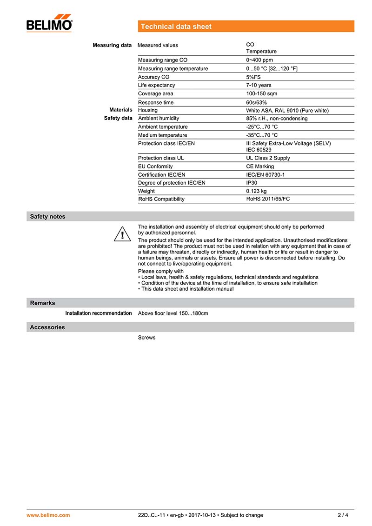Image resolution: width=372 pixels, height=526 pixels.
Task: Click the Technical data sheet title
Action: click(x=176, y=27)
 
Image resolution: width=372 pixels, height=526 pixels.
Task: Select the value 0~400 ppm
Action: click(x=259, y=60)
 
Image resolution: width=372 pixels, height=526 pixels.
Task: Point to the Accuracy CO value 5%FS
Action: click(x=253, y=77)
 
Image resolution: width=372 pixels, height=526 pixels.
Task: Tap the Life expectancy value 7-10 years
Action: click(x=259, y=86)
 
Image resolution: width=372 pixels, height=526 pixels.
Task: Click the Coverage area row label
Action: click(x=155, y=94)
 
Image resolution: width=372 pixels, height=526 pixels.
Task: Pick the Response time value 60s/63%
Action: click(x=257, y=102)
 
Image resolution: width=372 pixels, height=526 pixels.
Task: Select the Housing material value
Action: click(x=287, y=111)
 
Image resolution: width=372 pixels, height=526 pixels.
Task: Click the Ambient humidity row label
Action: click(x=158, y=119)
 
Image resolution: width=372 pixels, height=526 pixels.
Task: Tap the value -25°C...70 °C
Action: click(x=262, y=127)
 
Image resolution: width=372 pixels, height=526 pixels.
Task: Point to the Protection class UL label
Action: click(x=161, y=158)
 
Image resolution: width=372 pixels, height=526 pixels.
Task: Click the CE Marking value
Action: click(x=260, y=166)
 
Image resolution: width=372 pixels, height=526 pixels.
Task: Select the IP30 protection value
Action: click(x=252, y=183)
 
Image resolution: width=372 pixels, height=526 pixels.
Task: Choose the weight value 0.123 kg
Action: click(x=256, y=191)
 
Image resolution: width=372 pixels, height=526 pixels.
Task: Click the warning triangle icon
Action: click(x=122, y=233)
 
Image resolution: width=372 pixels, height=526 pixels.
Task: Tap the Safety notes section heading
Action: click(x=47, y=217)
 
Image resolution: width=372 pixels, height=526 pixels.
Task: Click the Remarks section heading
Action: click(x=42, y=303)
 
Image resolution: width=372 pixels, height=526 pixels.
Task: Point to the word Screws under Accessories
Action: click(x=146, y=338)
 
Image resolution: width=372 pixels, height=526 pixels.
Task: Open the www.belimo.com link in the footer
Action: click(x=48, y=515)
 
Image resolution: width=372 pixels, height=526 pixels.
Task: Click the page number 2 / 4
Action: click(x=343, y=515)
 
